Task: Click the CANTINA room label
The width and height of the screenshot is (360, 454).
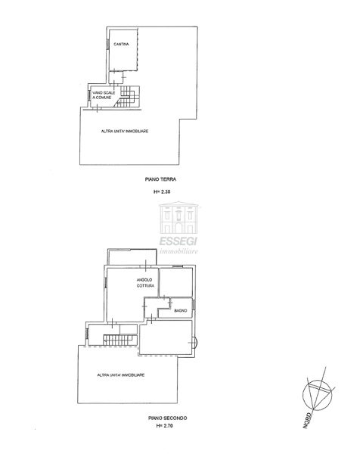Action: click(121, 45)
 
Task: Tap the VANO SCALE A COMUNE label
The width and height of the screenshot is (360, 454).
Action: click(104, 95)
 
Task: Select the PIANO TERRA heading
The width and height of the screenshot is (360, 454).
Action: click(160, 179)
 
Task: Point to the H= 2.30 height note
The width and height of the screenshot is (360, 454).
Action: click(162, 191)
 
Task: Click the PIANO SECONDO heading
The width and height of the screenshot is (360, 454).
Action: click(168, 418)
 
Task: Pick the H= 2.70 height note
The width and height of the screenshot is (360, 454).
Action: click(164, 425)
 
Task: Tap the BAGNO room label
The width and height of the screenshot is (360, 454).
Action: click(181, 311)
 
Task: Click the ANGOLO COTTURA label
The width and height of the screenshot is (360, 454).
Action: click(145, 283)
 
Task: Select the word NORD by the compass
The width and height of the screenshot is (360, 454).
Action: click(307, 421)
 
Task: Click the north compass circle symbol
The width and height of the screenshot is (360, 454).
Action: click(318, 395)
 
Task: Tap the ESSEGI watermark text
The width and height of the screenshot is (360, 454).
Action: click(178, 241)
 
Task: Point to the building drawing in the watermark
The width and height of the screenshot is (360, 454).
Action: click(178, 218)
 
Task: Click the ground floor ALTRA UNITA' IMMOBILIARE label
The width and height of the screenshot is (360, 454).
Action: click(125, 132)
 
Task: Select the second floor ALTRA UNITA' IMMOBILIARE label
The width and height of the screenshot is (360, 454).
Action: click(121, 375)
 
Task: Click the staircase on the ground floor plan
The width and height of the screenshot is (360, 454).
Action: click(128, 97)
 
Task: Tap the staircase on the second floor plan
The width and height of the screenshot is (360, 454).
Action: click(120, 340)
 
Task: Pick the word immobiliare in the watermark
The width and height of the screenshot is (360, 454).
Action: click(178, 250)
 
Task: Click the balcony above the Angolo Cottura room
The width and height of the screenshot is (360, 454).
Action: click(132, 257)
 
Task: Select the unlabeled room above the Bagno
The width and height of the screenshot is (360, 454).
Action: click(176, 282)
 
